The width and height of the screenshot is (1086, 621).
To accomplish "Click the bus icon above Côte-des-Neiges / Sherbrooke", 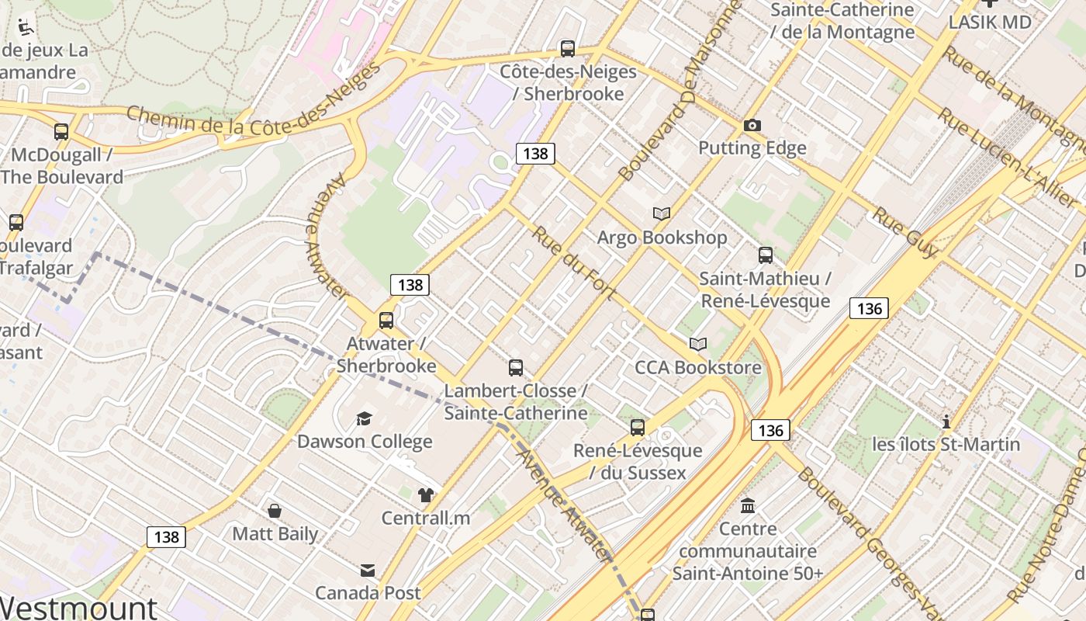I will tap(568, 49).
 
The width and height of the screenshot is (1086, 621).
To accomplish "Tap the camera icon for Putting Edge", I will tap(752, 125).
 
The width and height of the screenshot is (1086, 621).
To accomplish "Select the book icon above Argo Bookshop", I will tap(662, 213).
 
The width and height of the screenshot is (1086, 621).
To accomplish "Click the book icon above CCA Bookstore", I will tap(698, 344).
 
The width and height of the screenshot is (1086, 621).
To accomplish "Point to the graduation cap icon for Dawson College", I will tap(364, 419).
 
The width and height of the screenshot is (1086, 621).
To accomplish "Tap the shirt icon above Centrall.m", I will tap(425, 495).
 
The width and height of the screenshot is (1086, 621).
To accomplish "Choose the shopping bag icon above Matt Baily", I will tap(275, 511).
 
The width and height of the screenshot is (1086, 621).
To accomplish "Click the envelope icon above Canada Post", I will tap(368, 571).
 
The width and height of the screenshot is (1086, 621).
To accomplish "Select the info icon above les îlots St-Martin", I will tap(946, 422).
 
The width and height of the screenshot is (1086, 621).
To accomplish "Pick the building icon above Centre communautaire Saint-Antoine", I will tap(748, 506).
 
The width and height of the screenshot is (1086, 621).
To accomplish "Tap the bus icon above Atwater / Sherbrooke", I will tap(386, 320).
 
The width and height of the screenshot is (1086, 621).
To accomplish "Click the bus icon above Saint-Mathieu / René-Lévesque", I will tap(766, 255).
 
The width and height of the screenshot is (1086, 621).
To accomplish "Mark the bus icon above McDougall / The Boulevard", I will tap(61, 132).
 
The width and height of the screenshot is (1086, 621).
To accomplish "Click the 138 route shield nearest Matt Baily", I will tap(166, 536).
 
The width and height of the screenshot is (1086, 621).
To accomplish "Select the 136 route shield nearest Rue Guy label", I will tap(869, 308).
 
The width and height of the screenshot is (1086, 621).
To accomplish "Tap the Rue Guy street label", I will tap(904, 231).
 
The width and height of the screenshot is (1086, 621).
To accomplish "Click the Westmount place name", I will tap(78, 608).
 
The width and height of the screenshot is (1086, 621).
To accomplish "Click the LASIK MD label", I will tap(990, 22).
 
